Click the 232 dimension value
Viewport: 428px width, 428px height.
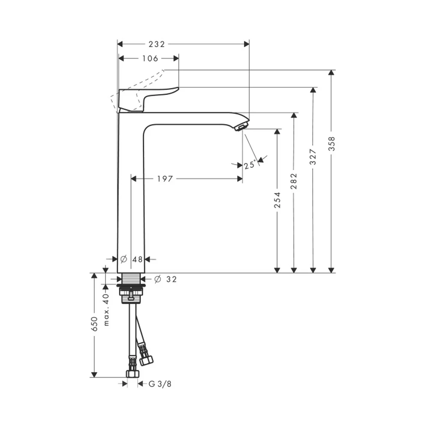point(157,44)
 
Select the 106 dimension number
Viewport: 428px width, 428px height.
point(150,58)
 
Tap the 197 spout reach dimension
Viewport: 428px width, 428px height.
point(165,179)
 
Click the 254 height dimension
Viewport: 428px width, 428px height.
point(277,200)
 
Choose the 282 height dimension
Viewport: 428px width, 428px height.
point(294,181)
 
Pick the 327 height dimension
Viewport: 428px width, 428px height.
point(313,157)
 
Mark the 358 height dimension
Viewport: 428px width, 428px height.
point(331,143)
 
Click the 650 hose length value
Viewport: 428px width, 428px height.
point(94,324)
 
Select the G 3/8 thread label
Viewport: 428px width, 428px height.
point(160,384)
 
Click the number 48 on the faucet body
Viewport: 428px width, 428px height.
point(137,259)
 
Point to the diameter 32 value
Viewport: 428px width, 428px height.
point(172,279)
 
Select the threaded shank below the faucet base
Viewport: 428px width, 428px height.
point(131,279)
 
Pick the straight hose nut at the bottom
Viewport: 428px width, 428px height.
point(133,373)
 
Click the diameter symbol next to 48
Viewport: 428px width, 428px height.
point(124,259)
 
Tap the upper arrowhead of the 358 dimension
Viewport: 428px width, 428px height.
point(331,73)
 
